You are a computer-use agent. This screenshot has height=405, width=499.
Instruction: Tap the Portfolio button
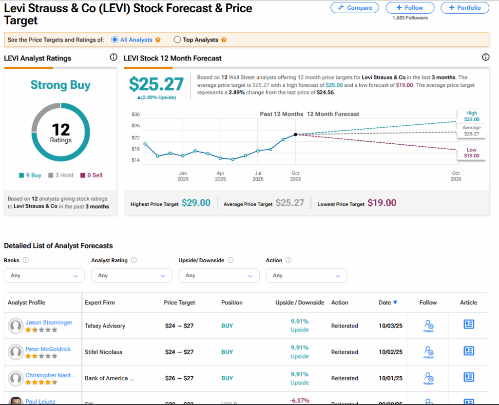(x=464, y=8)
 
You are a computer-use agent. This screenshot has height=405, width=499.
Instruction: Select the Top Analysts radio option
(x=177, y=40)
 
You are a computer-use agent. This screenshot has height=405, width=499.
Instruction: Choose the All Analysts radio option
(x=115, y=40)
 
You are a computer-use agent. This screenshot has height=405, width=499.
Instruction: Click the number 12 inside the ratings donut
(x=61, y=130)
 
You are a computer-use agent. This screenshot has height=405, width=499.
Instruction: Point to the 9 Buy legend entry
(x=30, y=175)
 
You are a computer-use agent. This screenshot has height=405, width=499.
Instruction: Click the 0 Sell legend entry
(x=92, y=175)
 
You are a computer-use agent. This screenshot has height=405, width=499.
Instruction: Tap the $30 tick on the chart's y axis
(x=135, y=114)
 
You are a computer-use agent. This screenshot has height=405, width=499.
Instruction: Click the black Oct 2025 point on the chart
(x=296, y=135)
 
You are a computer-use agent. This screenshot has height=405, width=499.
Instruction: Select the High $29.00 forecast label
(x=472, y=116)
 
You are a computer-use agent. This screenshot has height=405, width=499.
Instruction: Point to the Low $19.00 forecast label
(x=472, y=153)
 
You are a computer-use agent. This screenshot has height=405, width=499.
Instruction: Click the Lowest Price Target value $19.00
(x=382, y=203)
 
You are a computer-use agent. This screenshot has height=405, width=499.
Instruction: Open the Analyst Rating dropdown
(x=132, y=276)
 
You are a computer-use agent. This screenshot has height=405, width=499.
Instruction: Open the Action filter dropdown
(x=306, y=276)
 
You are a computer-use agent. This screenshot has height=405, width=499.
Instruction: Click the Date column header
(x=388, y=303)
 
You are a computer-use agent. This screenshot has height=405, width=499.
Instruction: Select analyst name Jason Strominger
(x=49, y=323)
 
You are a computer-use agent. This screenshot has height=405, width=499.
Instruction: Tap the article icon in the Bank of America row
(x=469, y=377)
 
